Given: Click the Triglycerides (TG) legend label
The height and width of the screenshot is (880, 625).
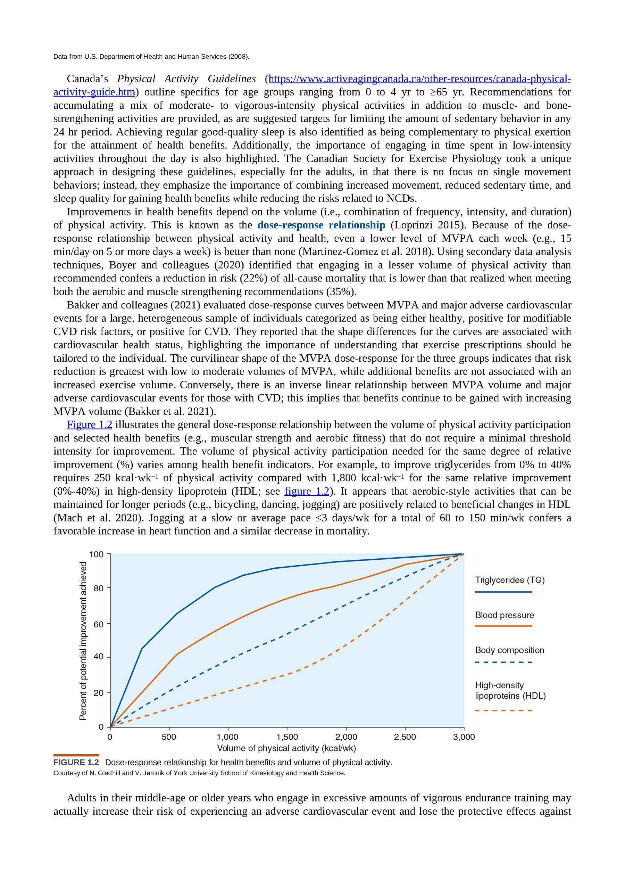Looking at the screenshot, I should tap(509, 580).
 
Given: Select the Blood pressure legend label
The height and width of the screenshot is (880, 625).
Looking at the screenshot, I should tap(504, 615).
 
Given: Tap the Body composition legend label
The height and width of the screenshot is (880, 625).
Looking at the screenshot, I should tap(509, 650).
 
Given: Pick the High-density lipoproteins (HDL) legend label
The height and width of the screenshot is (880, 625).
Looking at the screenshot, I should tap(510, 690).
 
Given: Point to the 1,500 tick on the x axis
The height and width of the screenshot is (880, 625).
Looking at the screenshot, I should tap(287, 737).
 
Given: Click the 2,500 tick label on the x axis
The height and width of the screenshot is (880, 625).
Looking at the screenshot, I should tap(405, 737).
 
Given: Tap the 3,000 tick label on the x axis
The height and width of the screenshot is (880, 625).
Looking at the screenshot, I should tap(464, 737).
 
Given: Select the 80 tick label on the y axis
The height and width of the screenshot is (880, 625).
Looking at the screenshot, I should tap(99, 588).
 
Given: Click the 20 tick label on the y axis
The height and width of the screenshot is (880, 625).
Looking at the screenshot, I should tap(99, 693).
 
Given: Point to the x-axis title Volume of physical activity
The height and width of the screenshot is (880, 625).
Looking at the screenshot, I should tap(286, 748).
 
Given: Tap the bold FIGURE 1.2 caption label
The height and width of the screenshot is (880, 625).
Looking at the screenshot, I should tap(76, 762).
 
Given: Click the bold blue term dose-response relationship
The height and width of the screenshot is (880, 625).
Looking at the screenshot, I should tap(321, 225).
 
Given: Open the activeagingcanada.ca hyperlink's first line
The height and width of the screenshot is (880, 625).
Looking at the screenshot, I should tap(419, 79).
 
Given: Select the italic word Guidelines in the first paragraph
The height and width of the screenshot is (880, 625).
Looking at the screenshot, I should tap(232, 79).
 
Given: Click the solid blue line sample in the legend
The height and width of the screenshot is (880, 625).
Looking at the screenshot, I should tap(503, 592).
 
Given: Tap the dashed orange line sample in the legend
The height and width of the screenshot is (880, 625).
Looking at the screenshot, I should tap(503, 710).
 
